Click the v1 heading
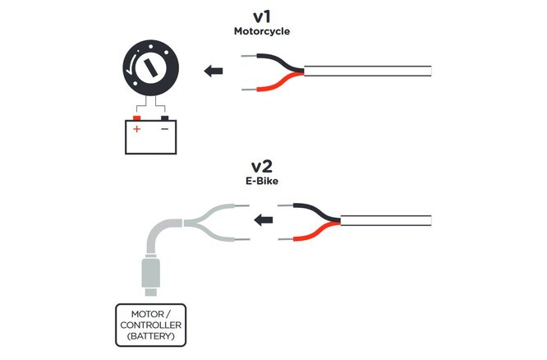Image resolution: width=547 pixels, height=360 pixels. [260, 16]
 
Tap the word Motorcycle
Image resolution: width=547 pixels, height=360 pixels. [260, 31]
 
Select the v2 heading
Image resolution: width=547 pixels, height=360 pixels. [260, 168]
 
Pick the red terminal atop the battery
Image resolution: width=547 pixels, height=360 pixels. [137, 117]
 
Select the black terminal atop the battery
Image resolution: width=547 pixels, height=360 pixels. [164, 117]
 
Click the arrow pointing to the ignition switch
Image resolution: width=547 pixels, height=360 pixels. [214, 71]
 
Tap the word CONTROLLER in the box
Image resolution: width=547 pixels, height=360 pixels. [149, 325]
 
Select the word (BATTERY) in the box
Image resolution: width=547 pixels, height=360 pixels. [149, 337]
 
